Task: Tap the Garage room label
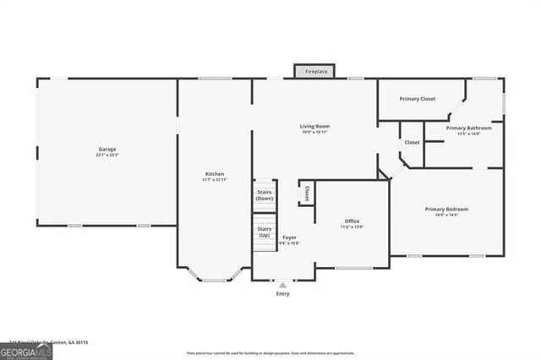click(x=107, y=150)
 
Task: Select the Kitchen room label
click(x=214, y=173)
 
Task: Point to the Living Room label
click(x=314, y=126)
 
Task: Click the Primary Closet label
click(x=418, y=99)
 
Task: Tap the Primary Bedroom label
click(x=446, y=209)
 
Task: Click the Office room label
click(x=352, y=221)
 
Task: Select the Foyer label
click(x=289, y=237)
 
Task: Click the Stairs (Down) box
click(x=265, y=195)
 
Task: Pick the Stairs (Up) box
click(x=265, y=232)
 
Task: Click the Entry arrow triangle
click(x=283, y=285)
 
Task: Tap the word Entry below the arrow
click(x=283, y=294)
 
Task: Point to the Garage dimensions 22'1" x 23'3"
click(x=107, y=155)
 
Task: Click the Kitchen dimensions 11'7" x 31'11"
click(x=214, y=179)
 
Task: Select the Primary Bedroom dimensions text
click(x=446, y=215)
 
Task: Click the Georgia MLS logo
click(x=26, y=351)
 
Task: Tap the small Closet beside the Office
click(x=306, y=193)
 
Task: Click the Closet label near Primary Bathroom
click(x=412, y=142)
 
